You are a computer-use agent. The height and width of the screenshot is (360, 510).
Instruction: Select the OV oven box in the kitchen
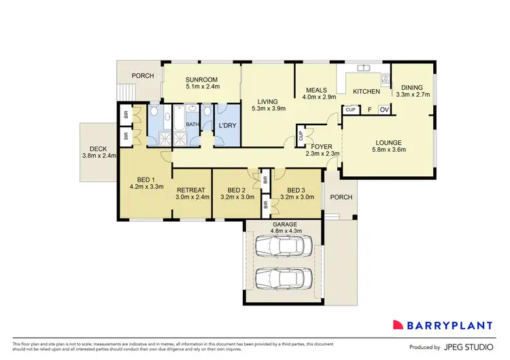coord(384,110)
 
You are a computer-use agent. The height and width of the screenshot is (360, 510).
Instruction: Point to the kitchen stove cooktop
coord(386,78)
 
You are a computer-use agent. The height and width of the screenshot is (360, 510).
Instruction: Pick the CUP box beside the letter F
coord(351,110)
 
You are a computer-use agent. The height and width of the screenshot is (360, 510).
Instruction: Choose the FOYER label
coord(322,146)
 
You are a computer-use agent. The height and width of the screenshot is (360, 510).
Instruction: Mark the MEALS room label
coord(316,91)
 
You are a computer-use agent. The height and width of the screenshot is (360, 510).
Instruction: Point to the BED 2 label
coord(236,190)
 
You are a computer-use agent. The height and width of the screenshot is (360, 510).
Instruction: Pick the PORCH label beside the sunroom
coord(142,76)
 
